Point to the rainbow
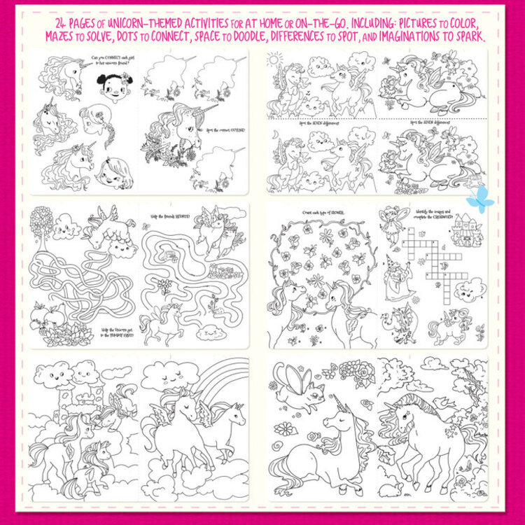point(224,381)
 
